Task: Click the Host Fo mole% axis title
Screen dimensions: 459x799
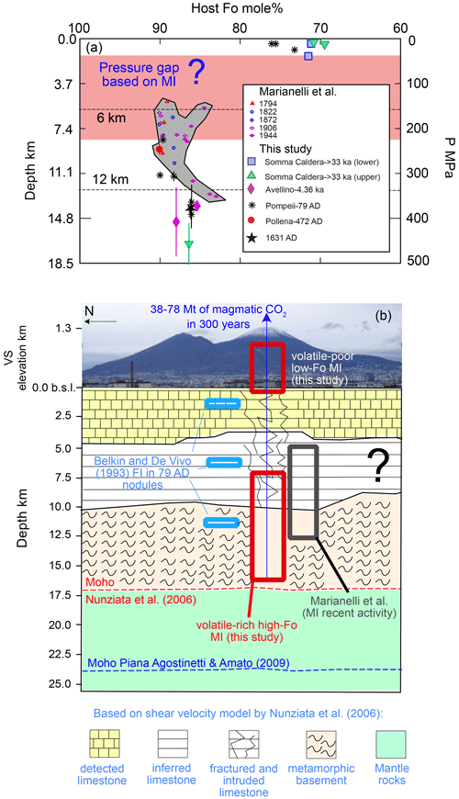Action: pos(236,8)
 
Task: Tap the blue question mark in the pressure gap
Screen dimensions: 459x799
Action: pos(196,73)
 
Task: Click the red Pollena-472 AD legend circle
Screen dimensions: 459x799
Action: pos(251,220)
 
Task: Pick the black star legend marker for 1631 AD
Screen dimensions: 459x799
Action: pos(251,238)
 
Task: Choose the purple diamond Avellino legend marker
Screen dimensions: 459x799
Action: pos(251,189)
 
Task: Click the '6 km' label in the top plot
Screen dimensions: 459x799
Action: pos(111,118)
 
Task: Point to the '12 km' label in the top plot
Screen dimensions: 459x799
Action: pos(110,179)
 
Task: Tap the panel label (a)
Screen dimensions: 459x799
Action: pos(95,49)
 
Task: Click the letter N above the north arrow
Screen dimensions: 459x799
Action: pos(88,310)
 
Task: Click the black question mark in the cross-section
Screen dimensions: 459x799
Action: pos(377,466)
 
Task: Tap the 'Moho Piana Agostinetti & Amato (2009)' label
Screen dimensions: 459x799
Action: pos(188,663)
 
